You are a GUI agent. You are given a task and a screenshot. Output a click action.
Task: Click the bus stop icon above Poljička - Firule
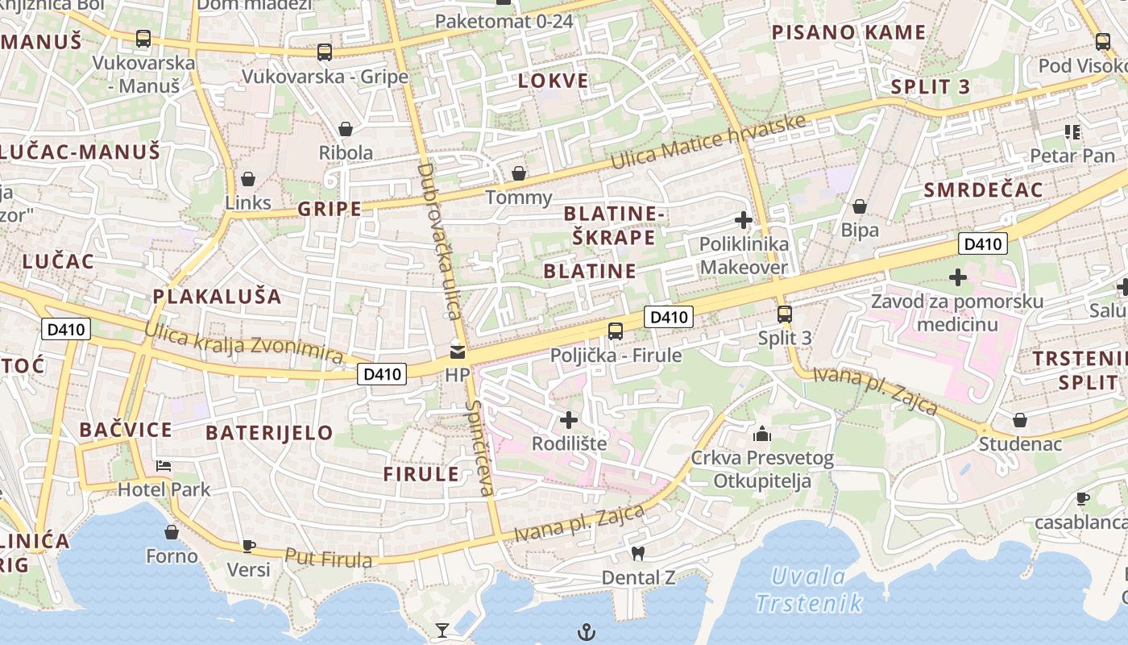615,331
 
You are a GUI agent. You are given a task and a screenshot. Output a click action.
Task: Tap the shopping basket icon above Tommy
519,173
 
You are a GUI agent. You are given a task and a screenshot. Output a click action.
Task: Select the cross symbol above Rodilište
569,419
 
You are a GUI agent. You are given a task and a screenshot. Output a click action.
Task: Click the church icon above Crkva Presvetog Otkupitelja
761,435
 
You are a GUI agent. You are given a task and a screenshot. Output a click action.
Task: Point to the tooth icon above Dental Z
638,554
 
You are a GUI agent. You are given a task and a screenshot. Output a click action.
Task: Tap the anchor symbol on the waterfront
587,632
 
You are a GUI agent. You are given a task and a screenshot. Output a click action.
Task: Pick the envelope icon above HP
458,352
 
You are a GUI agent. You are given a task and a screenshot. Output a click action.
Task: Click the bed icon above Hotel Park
164,466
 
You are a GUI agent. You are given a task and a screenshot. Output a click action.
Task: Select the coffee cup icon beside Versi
248,546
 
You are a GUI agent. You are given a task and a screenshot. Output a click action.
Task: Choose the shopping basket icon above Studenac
1019,420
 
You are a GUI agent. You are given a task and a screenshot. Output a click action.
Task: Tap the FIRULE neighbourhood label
421,474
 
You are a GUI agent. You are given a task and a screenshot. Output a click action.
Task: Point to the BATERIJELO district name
269,432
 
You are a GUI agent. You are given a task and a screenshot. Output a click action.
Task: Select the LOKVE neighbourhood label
553,81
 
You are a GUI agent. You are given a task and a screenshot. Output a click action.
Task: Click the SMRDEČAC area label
984,190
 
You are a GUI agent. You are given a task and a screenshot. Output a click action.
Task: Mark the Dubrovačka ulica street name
439,241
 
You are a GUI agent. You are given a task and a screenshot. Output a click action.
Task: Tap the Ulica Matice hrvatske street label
708,143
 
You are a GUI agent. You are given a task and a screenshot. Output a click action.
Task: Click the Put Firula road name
328,557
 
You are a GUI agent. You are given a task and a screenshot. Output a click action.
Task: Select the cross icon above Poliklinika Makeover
744,219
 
